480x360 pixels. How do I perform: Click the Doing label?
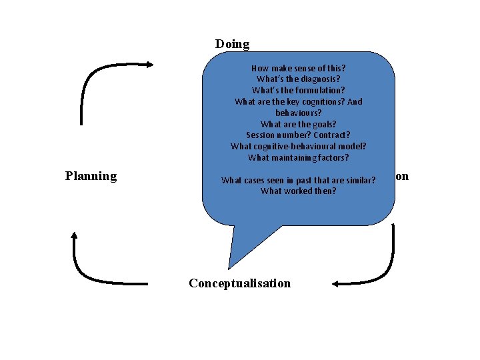[232, 44]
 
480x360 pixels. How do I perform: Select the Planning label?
[91, 176]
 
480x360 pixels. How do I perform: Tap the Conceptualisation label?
[239, 283]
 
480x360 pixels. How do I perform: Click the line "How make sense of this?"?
[298, 68]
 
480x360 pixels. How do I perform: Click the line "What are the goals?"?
[298, 124]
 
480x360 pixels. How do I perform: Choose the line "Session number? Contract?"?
[298, 135]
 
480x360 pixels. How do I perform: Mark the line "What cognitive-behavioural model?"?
[298, 147]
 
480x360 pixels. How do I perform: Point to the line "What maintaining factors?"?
[298, 158]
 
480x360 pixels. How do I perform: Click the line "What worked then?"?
[298, 191]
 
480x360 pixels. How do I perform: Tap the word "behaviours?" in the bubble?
[298, 113]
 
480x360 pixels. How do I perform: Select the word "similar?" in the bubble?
[359, 180]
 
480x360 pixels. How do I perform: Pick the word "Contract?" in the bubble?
[329, 135]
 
